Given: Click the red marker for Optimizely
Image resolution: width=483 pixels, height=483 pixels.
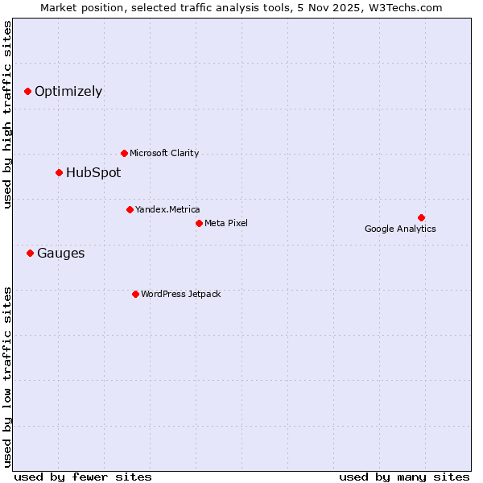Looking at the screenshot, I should pos(27,92).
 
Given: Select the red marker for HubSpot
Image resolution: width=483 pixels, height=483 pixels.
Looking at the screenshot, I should pos(59,172).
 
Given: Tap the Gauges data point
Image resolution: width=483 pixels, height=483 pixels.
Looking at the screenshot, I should pos(30,253).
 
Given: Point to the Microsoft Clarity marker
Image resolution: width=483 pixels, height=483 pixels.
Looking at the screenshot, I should pos(124,153).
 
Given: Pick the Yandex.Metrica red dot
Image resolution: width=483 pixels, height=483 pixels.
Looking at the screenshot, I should pos(130,209).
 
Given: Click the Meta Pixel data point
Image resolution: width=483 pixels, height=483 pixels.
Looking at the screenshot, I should pos(199,223).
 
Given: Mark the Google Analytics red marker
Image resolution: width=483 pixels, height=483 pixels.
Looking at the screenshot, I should pos(421,217).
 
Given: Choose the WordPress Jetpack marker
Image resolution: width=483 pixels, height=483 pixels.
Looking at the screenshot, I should pos(135,294).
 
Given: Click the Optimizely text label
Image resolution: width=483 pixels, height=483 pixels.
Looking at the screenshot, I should pos(68,92).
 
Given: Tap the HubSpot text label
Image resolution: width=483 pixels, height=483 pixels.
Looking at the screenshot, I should pos(93,172).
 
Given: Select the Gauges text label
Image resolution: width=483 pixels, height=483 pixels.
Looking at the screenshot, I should pos(61,254).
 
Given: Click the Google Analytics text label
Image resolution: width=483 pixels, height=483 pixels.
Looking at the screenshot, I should pos(400,229).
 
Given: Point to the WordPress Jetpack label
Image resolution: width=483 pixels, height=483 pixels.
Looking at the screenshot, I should pos(180,294).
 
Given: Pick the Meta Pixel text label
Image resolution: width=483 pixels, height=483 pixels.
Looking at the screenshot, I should pos(226,223).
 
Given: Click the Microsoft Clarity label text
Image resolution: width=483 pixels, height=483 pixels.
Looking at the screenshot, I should pos(164,153).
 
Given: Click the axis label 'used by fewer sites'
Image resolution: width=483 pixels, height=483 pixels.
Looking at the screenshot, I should pos(83,477).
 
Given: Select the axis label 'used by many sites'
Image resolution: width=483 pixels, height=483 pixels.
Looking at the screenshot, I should pos(404,477).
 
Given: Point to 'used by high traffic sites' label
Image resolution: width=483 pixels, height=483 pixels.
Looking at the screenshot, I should pos(8,115).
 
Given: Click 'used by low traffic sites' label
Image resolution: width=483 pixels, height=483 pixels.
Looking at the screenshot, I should pos(8,376).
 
